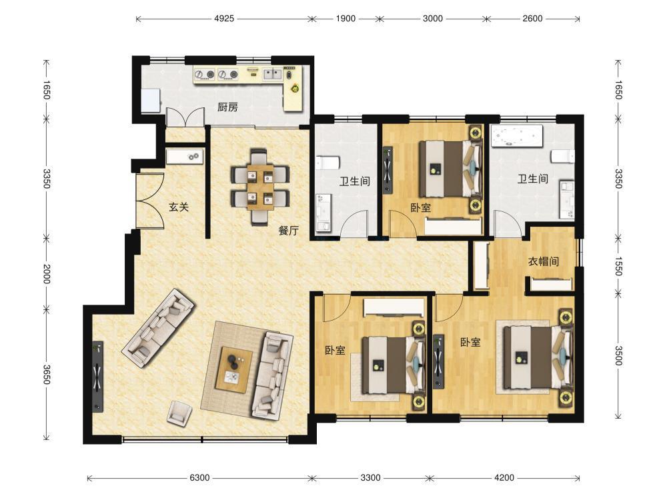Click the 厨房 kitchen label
click(227, 107)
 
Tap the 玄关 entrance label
click(179, 207)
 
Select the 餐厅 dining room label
click(288, 231)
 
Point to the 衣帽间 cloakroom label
click(543, 261)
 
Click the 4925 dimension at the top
click(224, 18)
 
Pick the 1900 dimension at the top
click(346, 18)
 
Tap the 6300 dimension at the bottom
click(199, 477)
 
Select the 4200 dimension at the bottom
click(504, 477)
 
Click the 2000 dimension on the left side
click(47, 274)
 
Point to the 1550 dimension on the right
click(619, 266)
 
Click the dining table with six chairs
click(260, 187)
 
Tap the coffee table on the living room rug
click(233, 370)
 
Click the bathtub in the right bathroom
click(517, 135)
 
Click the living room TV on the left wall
click(98, 377)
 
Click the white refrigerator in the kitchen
click(151, 101)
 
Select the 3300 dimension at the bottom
click(370, 477)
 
